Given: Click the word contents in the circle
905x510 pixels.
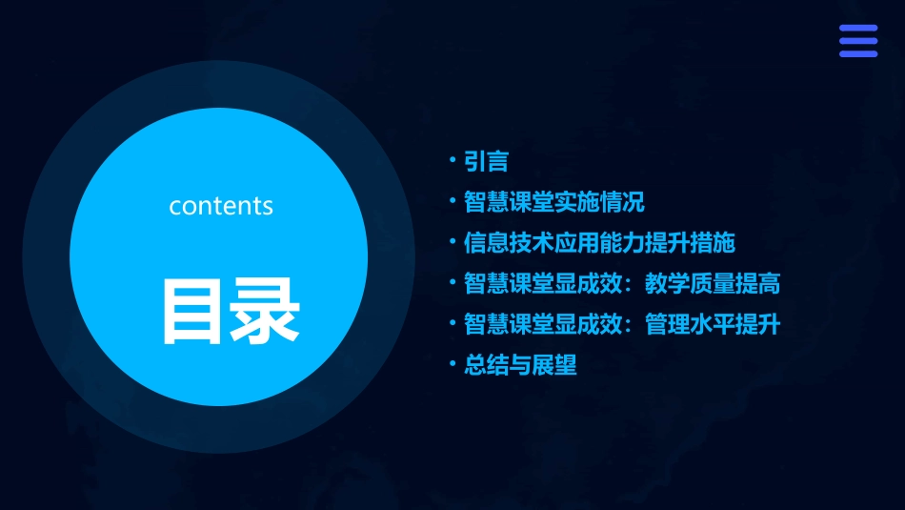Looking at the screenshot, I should tap(221, 206).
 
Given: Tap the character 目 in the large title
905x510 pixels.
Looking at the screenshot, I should tap(186, 311).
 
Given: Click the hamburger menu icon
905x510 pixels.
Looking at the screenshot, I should tap(857, 41).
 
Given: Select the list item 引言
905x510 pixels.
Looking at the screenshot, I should tap(486, 162).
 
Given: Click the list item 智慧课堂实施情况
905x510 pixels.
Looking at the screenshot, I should tap(553, 203).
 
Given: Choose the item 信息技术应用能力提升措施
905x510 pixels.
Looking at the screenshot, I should tap(599, 243).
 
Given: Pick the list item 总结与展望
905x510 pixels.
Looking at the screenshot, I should tap(520, 365).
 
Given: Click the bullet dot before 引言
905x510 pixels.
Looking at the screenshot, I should tap(453, 162).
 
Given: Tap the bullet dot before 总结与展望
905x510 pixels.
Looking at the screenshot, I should tap(453, 365).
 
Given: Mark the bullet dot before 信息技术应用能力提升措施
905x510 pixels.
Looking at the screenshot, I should tap(453, 243).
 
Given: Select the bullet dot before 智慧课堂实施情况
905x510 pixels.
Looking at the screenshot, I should tap(453, 203).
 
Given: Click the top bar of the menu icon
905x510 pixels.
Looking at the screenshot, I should tap(857, 29).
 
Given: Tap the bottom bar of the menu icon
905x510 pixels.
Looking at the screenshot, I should tap(857, 53).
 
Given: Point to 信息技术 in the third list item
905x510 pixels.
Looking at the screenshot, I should tap(509, 243).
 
